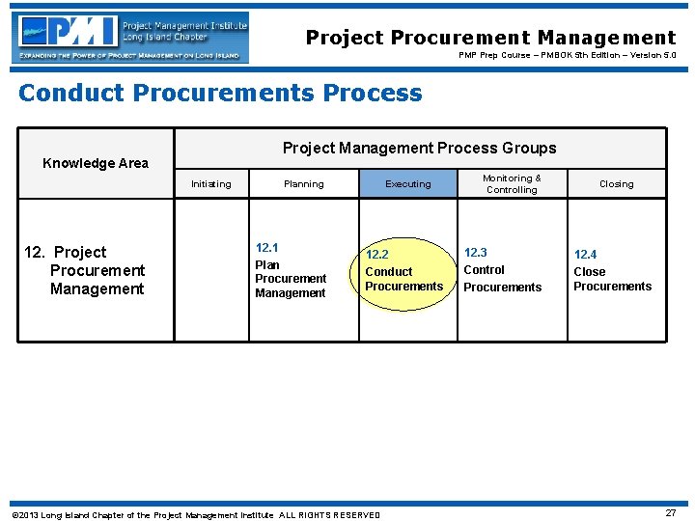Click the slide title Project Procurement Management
(x=490, y=38)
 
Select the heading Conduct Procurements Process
(x=220, y=94)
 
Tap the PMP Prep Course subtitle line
(x=567, y=56)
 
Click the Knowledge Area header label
(x=96, y=163)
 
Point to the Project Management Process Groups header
(x=419, y=148)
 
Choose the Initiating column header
(x=210, y=184)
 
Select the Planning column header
(x=303, y=184)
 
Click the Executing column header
(x=407, y=184)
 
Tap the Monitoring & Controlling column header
(x=512, y=183)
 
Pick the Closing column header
(x=616, y=184)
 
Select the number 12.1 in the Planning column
(x=266, y=248)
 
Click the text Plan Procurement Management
(x=291, y=279)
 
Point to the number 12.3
(x=476, y=253)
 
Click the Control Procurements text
(x=502, y=279)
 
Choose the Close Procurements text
(x=612, y=279)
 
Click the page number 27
(x=670, y=513)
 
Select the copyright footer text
(x=195, y=515)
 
